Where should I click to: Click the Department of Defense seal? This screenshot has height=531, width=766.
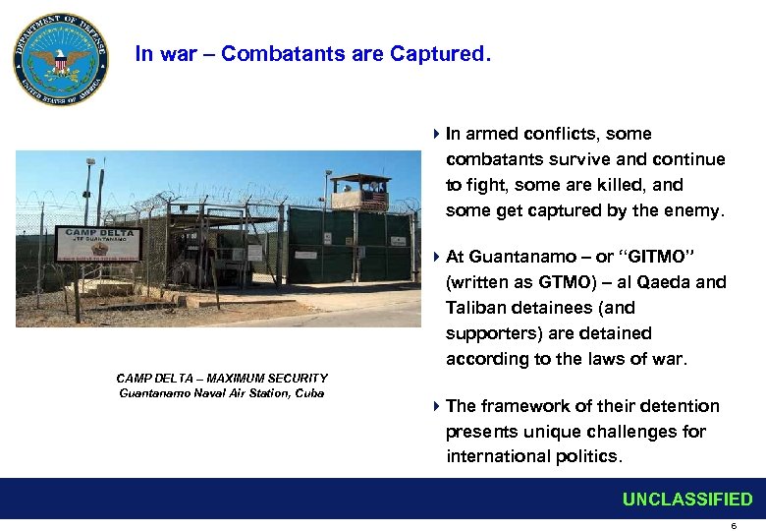60,60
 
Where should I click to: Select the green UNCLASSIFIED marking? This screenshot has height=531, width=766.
686,500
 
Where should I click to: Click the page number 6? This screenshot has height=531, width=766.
733,526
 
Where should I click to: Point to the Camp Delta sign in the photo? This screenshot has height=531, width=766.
98,243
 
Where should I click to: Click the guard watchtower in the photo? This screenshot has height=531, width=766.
359,192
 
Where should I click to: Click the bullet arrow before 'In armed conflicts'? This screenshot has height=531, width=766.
435,134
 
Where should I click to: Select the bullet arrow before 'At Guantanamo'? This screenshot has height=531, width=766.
435,258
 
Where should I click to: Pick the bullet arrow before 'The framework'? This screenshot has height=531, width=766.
435,406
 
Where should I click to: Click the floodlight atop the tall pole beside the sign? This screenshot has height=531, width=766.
91,162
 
